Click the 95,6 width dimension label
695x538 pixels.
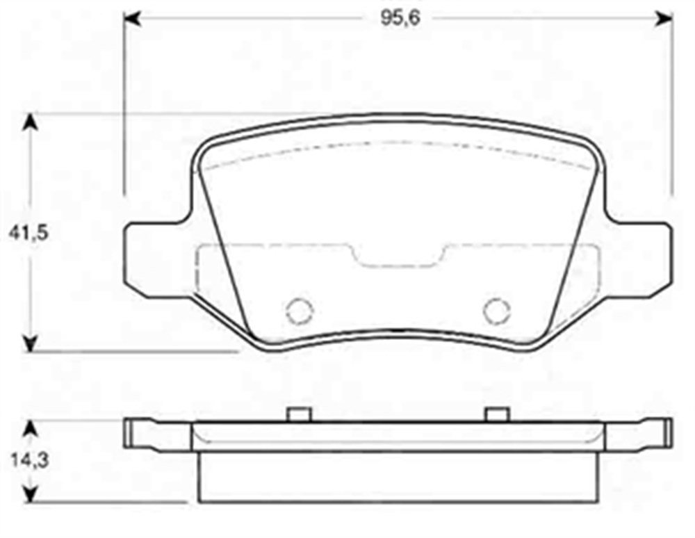[399, 17]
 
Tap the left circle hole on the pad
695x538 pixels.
[300, 310]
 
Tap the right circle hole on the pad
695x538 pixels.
[496, 310]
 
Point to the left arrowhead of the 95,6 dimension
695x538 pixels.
[132, 17]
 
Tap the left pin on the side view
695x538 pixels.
[298, 414]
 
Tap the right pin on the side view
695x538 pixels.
[496, 414]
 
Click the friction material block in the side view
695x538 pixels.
[398, 477]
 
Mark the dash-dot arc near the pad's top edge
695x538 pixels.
[398, 144]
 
